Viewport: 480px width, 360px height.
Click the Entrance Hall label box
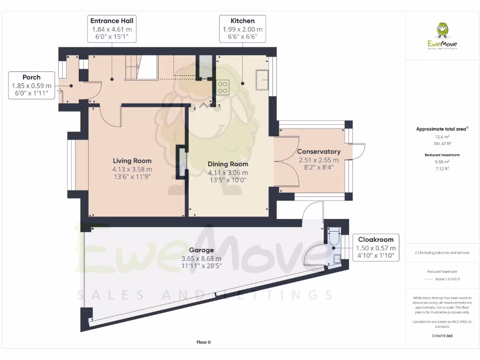pos(112,29)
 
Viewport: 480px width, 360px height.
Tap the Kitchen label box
pos(242,29)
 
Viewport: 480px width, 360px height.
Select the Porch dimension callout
pos(31,85)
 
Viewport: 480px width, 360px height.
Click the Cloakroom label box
pos(375,247)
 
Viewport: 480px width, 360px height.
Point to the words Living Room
pos(132,160)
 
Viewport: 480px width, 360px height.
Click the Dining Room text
pos(228,164)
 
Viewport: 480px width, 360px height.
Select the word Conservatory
pos(318,151)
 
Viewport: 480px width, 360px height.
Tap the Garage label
pos(201,250)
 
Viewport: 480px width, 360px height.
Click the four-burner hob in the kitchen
pos(223,87)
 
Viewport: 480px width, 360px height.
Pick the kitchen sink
pos(262,80)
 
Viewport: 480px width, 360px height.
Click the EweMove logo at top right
pos(442,36)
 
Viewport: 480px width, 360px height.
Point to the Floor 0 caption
pos(203,342)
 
